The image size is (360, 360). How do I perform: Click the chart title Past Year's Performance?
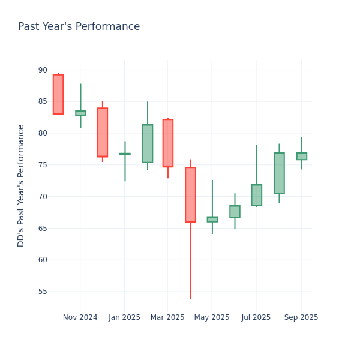pyautogui.click(x=79, y=27)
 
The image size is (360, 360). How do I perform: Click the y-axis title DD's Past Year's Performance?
pyautogui.click(x=22, y=185)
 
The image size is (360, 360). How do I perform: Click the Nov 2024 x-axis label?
pyautogui.click(x=80, y=317)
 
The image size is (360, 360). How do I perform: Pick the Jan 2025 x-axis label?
pyautogui.click(x=124, y=317)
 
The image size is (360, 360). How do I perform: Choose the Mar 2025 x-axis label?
pyautogui.click(x=167, y=317)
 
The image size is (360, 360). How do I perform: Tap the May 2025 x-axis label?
pyautogui.click(x=212, y=317)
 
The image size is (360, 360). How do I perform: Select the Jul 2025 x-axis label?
pyautogui.click(x=256, y=317)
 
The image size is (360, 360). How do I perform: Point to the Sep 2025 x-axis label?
pyautogui.click(x=301, y=317)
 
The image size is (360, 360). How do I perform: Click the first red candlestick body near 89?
pyautogui.click(x=58, y=94)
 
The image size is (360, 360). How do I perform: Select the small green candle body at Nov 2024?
pyautogui.click(x=80, y=113)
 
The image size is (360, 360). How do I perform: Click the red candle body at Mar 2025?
pyautogui.click(x=168, y=143)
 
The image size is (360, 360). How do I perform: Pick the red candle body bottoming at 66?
pyautogui.click(x=190, y=194)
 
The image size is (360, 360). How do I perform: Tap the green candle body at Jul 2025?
pyautogui.click(x=257, y=195)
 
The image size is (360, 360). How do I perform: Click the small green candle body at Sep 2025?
pyautogui.click(x=301, y=156)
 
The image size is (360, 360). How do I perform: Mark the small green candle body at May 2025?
pyautogui.click(x=212, y=220)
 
